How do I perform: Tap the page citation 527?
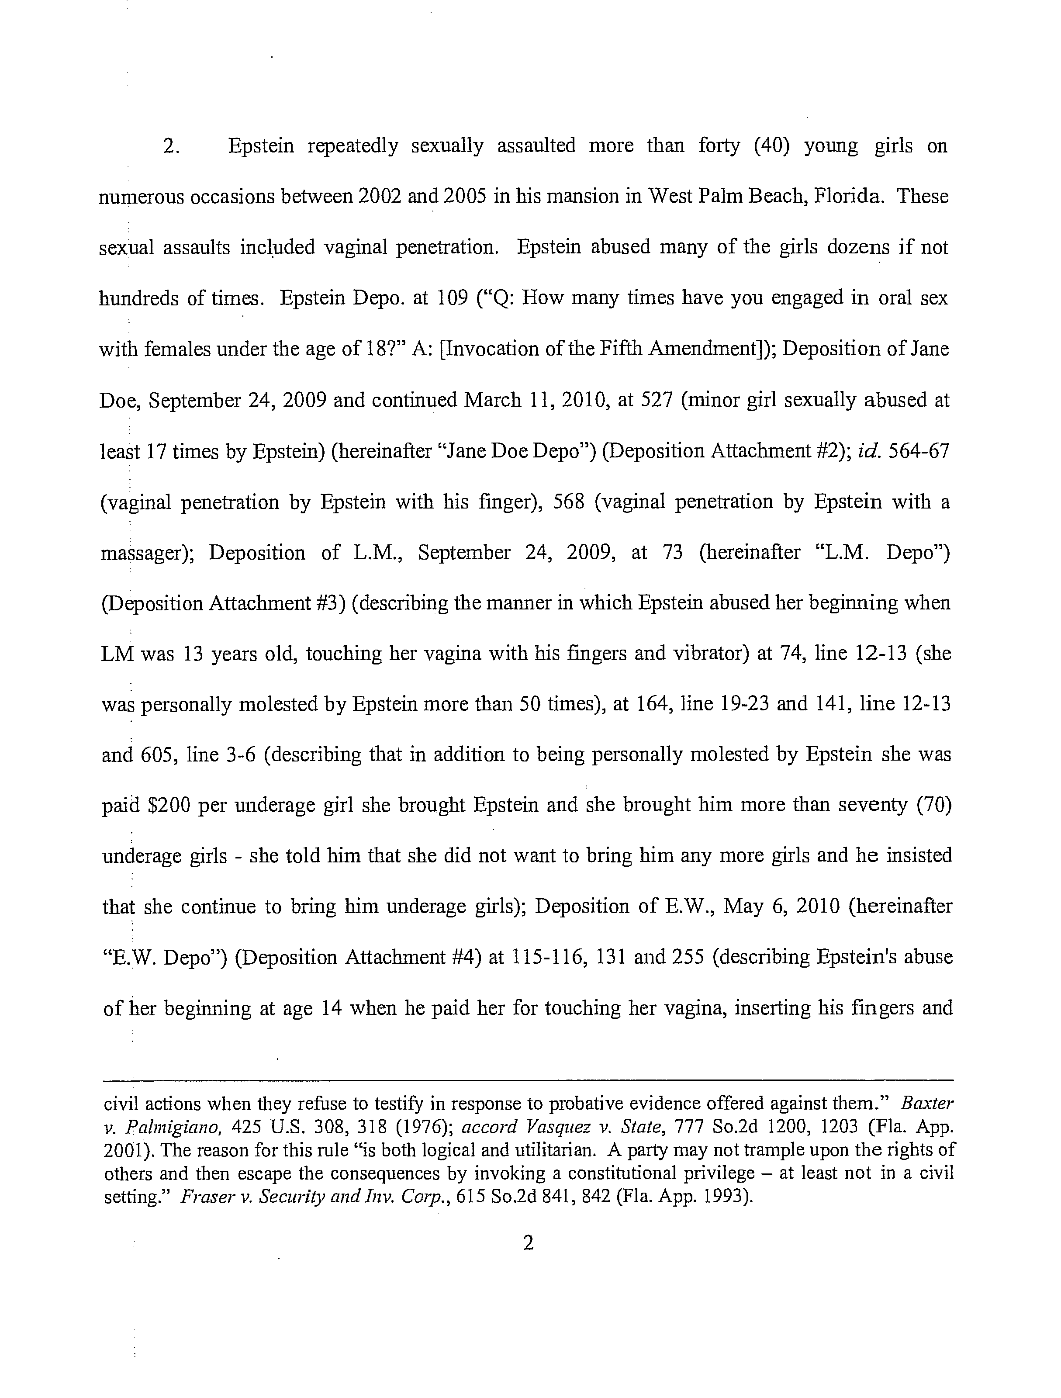tap(653, 400)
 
